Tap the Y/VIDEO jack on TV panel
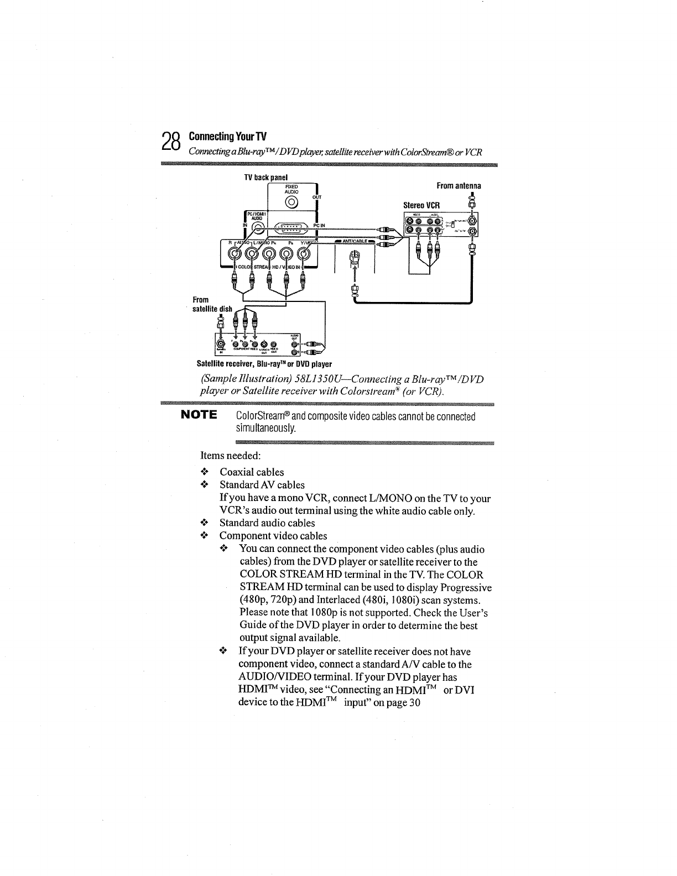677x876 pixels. coord(303,255)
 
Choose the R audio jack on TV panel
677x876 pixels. coord(235,255)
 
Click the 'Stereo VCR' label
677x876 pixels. coord(421,205)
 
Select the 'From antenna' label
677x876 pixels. coord(459,186)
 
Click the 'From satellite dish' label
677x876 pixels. coord(212,304)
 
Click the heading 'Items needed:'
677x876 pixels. coord(230,456)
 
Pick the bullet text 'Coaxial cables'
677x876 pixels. coord(252,472)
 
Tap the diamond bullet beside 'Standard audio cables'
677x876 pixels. coord(204,523)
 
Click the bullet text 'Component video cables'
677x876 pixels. coord(273,536)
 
